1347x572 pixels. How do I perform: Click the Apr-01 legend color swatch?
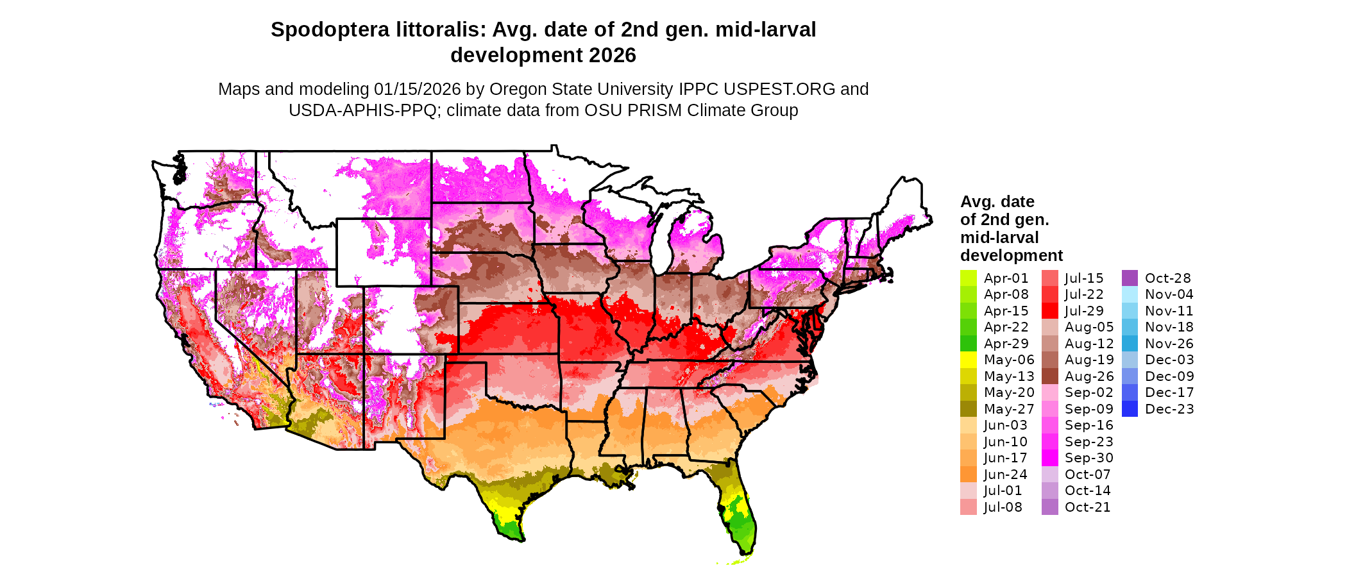click(968, 278)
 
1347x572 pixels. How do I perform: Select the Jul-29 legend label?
click(1084, 311)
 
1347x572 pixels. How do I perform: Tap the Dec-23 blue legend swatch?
click(1130, 409)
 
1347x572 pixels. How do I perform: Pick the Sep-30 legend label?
click(1089, 458)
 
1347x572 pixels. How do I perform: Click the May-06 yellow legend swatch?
click(968, 360)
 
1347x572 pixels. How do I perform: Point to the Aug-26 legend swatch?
click(1049, 376)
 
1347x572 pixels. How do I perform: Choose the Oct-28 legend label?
click(1167, 278)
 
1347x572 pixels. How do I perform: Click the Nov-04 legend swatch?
click(1130, 294)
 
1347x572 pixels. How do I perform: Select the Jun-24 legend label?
click(1005, 475)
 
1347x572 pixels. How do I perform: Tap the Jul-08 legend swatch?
click(968, 507)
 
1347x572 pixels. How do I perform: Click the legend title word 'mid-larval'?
click(999, 237)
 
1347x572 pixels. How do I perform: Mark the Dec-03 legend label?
click(1169, 360)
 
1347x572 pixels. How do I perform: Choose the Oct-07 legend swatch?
click(1049, 475)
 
